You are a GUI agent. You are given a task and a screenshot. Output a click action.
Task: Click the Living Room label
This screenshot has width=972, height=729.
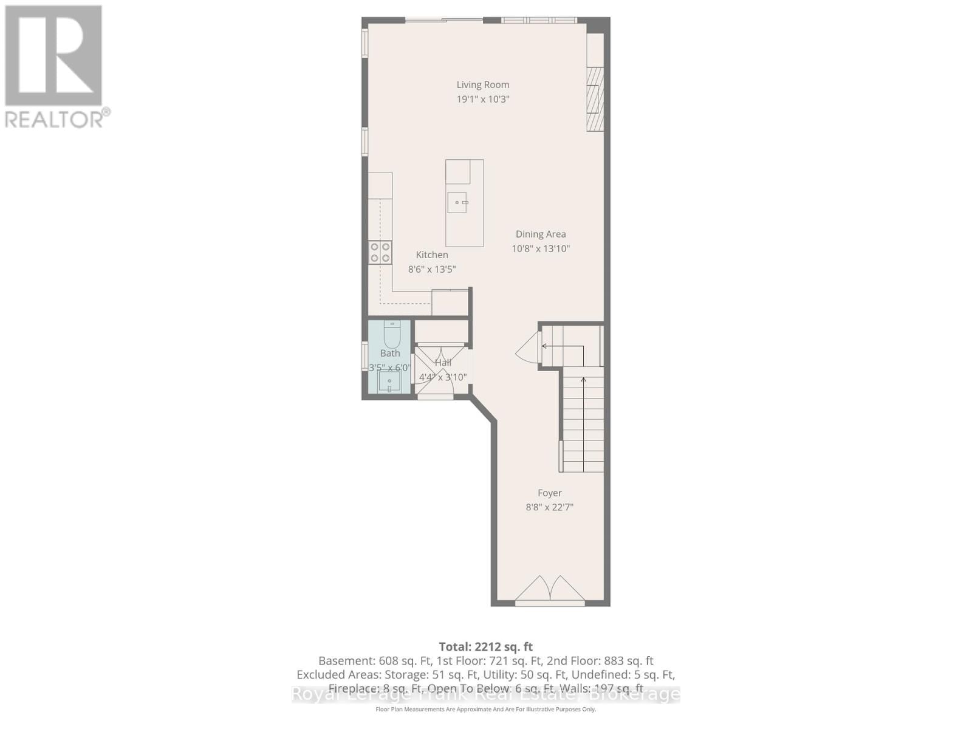[x=483, y=85]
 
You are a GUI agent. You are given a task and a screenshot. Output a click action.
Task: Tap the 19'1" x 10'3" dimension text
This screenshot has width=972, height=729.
[x=483, y=99]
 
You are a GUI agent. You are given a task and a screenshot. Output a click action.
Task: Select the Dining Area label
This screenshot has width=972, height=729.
[x=541, y=234]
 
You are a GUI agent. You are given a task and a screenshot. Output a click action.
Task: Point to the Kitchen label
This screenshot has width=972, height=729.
[x=432, y=255]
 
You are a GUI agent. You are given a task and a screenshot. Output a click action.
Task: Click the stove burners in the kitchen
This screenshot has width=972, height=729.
[x=380, y=252]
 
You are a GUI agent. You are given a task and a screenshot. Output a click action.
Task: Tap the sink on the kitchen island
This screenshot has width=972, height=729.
[x=457, y=202]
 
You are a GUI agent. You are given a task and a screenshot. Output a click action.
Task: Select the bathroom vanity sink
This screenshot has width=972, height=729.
[x=389, y=383]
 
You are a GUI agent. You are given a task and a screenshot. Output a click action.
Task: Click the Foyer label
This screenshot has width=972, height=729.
[x=549, y=493]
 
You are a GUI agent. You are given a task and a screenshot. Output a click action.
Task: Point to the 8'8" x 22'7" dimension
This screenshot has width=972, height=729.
[x=549, y=507]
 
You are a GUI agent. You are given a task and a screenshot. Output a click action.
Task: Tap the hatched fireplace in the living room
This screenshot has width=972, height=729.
[x=595, y=99]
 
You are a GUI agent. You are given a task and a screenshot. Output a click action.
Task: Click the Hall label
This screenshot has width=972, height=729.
[x=443, y=363]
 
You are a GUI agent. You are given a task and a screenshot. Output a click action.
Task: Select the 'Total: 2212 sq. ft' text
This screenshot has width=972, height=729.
[x=485, y=647]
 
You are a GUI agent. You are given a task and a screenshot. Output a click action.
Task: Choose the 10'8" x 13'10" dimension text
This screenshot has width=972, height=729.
[x=541, y=248]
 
